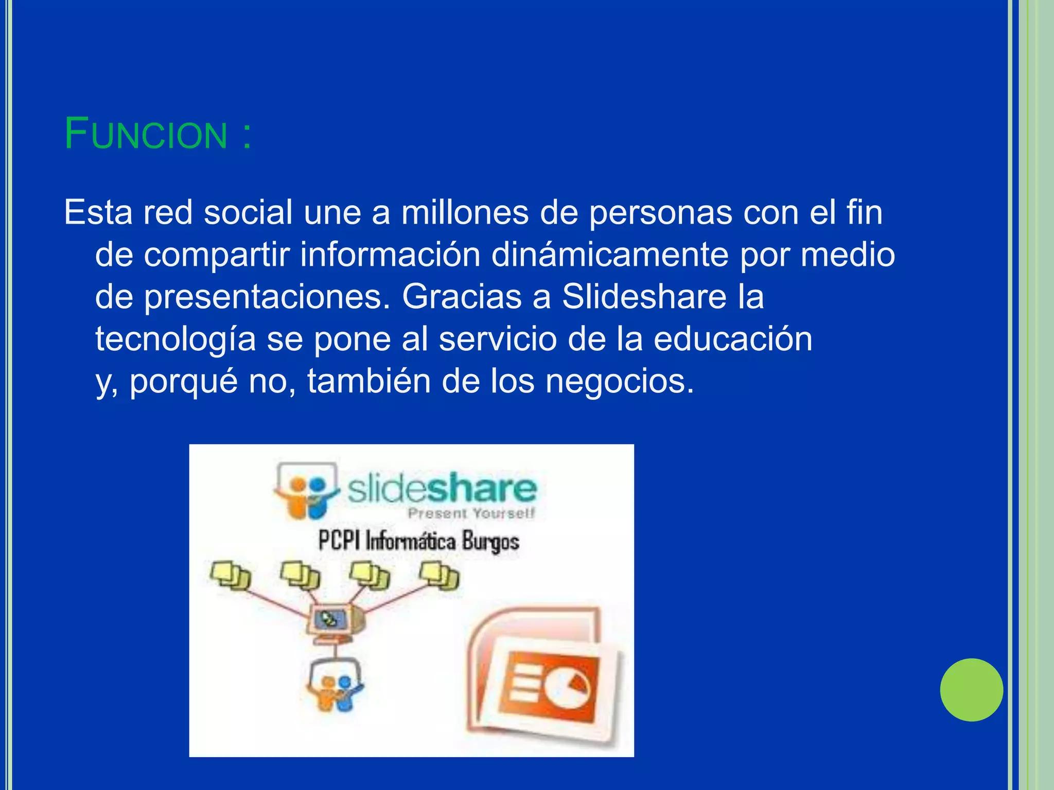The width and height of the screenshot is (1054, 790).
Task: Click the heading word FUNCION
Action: [146, 135]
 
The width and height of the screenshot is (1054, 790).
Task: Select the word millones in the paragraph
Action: [465, 212]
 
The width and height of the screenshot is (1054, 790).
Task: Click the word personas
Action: [660, 213]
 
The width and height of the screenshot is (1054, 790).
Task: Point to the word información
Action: [390, 255]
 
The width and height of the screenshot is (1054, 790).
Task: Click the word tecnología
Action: [175, 340]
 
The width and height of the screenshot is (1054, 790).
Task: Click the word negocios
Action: [620, 382]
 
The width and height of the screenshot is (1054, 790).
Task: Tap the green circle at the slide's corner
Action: [971, 690]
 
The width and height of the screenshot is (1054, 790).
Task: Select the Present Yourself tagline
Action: [471, 513]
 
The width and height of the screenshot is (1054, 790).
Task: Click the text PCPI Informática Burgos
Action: [418, 541]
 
